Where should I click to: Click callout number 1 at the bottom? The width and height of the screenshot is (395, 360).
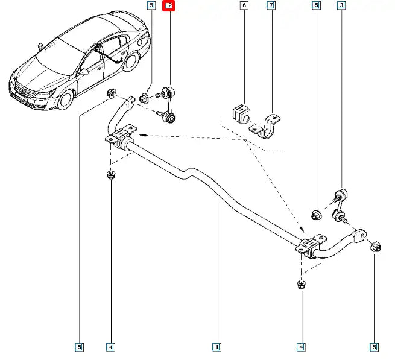tap(216, 347)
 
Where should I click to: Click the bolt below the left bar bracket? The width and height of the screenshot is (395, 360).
tap(110, 176)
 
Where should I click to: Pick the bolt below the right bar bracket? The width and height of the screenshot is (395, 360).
tap(300, 284)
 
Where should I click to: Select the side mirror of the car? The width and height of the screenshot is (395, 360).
tap(84, 71)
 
